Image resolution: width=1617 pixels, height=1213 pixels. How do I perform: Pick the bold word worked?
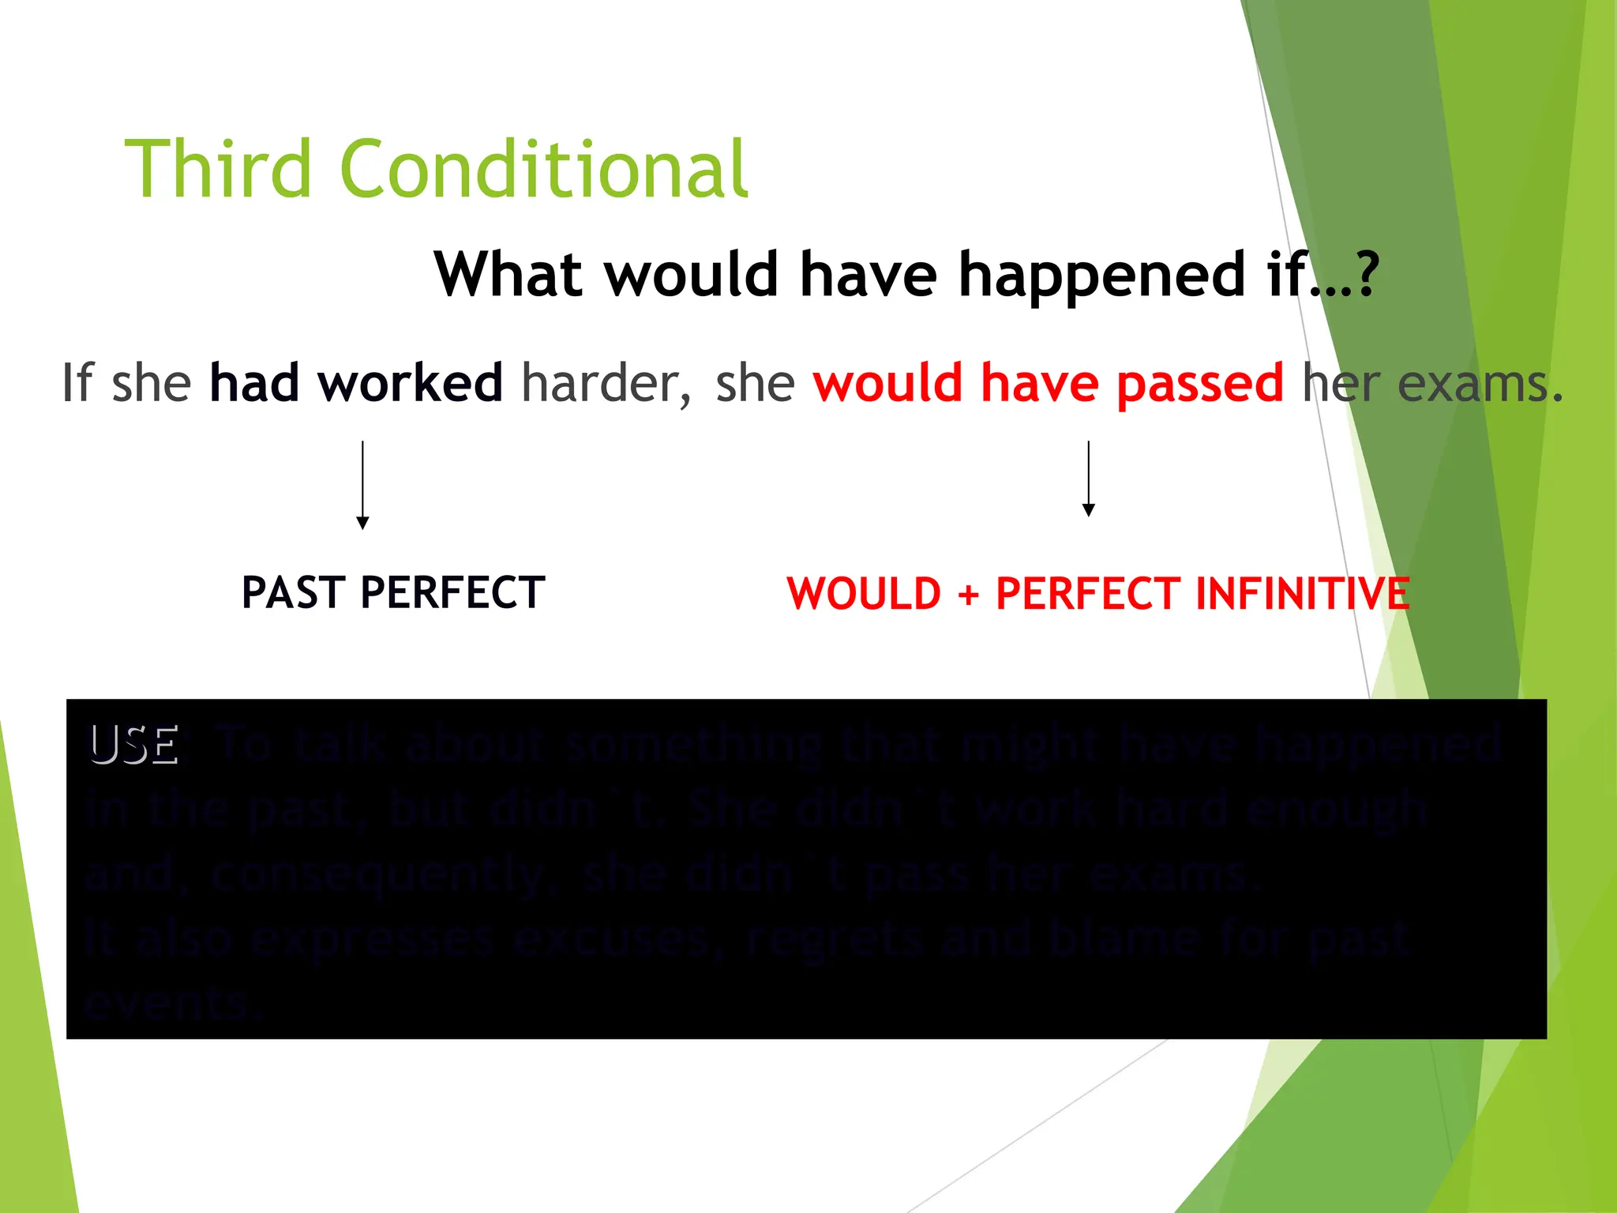410,383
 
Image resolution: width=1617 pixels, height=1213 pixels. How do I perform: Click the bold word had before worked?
254,383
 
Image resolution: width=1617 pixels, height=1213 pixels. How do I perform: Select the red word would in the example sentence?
887,383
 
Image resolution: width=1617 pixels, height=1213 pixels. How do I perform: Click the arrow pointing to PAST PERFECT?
362,486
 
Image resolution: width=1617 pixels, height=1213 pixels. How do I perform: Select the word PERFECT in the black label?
452,592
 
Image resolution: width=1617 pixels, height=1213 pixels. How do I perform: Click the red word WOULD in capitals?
864,594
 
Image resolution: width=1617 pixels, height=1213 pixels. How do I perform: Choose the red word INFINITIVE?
1302,594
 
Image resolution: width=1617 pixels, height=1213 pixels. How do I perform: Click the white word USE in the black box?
134,745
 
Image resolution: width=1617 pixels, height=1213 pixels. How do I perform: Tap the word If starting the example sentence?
78,383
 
